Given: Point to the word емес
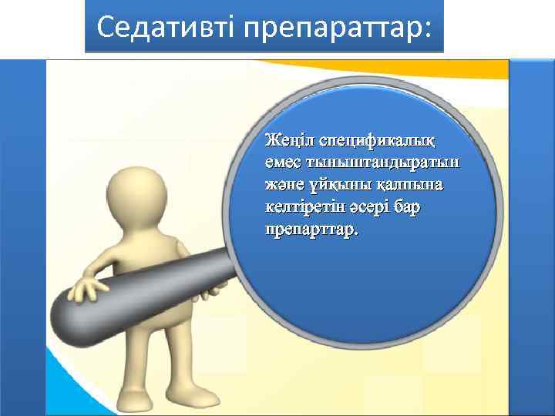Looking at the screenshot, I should [282, 163].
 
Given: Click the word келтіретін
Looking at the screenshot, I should [302, 208].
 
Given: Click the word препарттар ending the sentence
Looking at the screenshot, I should [311, 230].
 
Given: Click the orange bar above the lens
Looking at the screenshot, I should [277, 69].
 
